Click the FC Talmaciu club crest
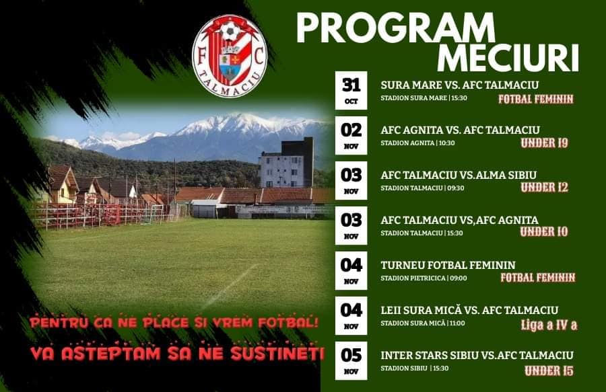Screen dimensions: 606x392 coord(230,55)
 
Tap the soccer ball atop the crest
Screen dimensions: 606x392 coord(230,32)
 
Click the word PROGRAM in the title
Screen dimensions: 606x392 coord(396,28)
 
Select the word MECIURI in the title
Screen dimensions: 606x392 coord(508,58)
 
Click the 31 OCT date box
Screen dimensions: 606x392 coord(351,90)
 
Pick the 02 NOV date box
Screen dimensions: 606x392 coord(351,135)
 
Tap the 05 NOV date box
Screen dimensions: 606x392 coord(351,361)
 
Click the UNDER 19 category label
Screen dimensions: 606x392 coord(544,143)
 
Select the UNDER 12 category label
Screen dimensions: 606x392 coord(544,188)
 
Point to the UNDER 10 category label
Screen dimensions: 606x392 coord(544,232)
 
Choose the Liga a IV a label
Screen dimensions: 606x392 coord(549,325)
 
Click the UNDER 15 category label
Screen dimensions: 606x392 coord(549,371)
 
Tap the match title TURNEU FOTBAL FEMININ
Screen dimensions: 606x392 coord(448,266)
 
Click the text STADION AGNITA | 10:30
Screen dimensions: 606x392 coord(417,143)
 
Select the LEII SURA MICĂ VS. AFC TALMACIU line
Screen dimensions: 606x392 coord(469,310)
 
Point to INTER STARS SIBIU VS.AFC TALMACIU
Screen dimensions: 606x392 coord(477,355)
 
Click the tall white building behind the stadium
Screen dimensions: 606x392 coord(286,163)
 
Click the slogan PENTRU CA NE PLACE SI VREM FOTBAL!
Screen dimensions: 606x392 coord(174,323)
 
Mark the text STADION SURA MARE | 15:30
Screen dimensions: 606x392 coord(424,98)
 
